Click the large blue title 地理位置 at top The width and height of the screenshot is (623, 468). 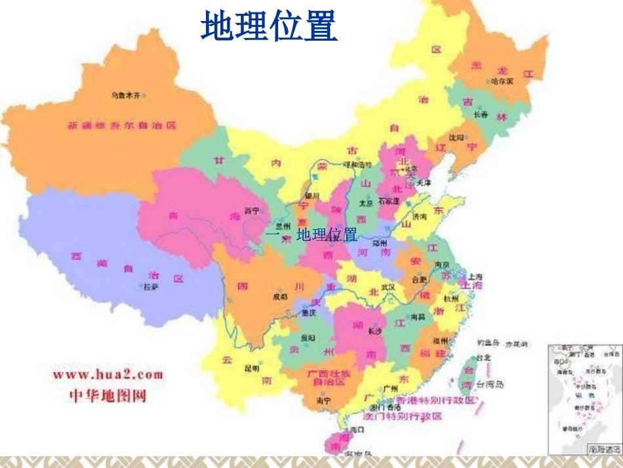point(269,27)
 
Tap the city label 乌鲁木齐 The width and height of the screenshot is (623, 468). point(125,95)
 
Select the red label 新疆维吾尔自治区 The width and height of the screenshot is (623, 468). point(123,125)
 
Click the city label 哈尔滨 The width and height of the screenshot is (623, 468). point(502,81)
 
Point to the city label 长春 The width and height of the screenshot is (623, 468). point(481,115)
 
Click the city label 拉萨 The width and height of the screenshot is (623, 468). point(151,287)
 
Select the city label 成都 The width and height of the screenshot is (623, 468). point(280,297)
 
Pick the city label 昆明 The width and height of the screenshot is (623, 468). point(252,368)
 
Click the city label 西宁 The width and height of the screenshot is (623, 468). point(252,211)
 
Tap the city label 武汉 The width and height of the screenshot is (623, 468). point(388,287)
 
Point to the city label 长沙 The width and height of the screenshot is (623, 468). point(374,331)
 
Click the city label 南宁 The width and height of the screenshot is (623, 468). point(323,399)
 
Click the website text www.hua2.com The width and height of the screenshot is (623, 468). point(108,375)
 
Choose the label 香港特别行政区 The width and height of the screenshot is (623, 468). point(435,400)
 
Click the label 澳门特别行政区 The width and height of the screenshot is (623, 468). point(403,416)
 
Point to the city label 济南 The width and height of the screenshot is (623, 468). point(420,216)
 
